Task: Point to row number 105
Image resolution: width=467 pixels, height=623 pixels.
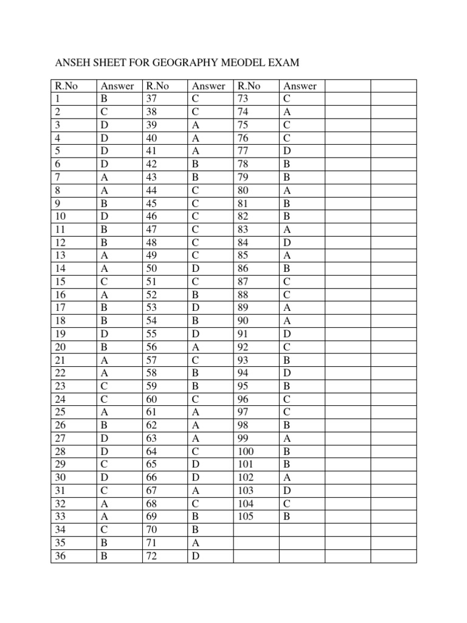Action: (246, 517)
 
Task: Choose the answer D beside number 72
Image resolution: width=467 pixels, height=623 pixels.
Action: (195, 556)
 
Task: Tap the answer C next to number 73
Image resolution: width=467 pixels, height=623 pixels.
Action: (287, 99)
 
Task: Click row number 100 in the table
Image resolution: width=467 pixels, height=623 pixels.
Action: (246, 451)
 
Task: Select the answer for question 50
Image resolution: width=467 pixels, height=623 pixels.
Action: (195, 268)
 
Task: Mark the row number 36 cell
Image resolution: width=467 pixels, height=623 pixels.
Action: (60, 556)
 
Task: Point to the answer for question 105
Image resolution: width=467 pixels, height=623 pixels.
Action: (287, 517)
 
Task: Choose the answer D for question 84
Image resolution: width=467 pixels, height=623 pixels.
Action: (287, 242)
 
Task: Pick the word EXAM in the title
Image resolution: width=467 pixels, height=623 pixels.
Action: (286, 62)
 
